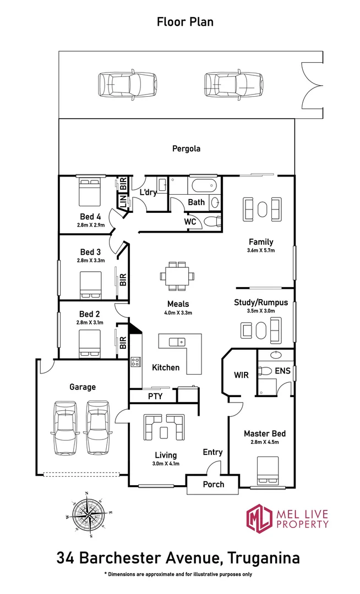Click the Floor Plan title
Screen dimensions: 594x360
[x=185, y=22]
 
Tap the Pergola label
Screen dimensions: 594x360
[x=186, y=148]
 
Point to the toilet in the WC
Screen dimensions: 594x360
[x=211, y=222]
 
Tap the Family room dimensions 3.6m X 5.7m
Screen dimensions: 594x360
[x=261, y=250]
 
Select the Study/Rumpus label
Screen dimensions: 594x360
[x=261, y=302]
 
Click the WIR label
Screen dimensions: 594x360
[x=241, y=375]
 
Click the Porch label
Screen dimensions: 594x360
[x=214, y=484]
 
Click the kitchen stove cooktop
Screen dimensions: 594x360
[x=135, y=362]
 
